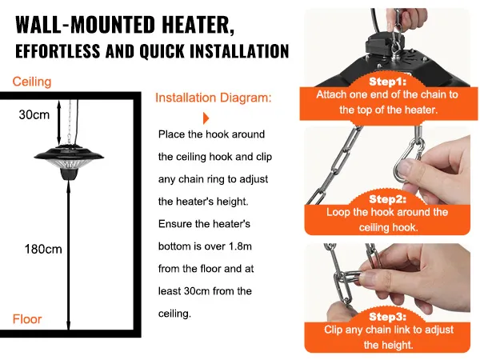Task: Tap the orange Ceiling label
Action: [x=32, y=82]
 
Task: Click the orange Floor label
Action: [x=27, y=319]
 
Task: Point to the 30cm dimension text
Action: [x=34, y=114]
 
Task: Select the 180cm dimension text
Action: [x=43, y=249]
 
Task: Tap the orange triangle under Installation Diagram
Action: [x=206, y=118]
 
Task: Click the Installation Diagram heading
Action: [x=214, y=98]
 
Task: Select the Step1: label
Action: [x=387, y=82]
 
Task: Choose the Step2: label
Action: [x=387, y=199]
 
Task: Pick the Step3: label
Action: [x=387, y=317]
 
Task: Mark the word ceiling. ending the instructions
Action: [x=174, y=314]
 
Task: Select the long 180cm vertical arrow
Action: [x=69, y=256]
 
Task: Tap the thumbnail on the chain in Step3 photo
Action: [x=369, y=277]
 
